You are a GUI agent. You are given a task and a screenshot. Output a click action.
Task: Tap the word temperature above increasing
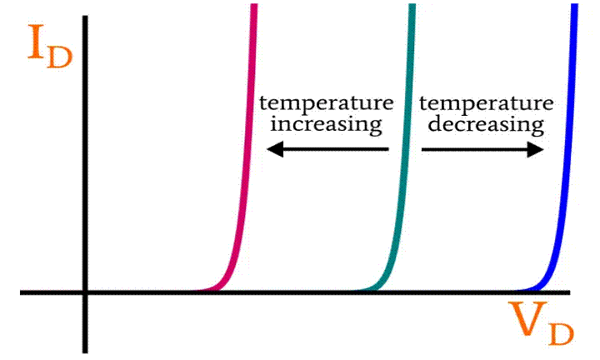325,104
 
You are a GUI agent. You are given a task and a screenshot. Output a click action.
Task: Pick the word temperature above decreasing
486,104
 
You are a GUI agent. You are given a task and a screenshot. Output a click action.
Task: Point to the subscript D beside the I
60,57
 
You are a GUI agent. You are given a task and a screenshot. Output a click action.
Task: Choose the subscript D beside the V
560,332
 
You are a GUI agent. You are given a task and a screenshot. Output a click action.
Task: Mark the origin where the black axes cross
84,292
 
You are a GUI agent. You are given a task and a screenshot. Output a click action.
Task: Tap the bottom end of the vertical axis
84,350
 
